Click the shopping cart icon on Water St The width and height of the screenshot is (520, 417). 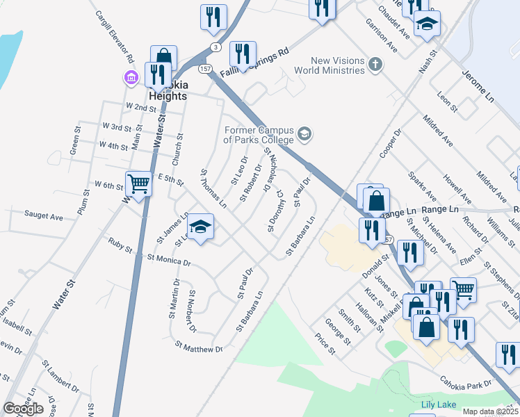click(139, 184)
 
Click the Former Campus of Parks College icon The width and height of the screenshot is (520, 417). click(304, 133)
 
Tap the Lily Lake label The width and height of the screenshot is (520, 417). click(436, 404)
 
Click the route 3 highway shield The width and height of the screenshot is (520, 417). click(217, 47)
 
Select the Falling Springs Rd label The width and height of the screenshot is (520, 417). click(254, 63)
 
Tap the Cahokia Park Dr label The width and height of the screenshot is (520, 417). click(464, 383)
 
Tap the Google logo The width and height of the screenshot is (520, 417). click(24, 409)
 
